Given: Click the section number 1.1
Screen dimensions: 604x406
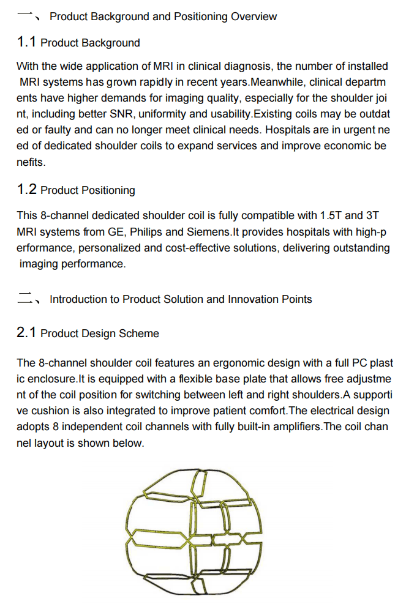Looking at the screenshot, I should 27,42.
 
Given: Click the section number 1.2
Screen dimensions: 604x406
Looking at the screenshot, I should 27,190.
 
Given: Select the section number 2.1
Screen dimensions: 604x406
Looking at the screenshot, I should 27,333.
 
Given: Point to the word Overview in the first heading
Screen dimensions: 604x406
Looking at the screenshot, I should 254,17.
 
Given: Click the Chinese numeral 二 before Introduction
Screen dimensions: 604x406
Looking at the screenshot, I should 25,299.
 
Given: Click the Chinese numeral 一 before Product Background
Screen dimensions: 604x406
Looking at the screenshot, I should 25,15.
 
